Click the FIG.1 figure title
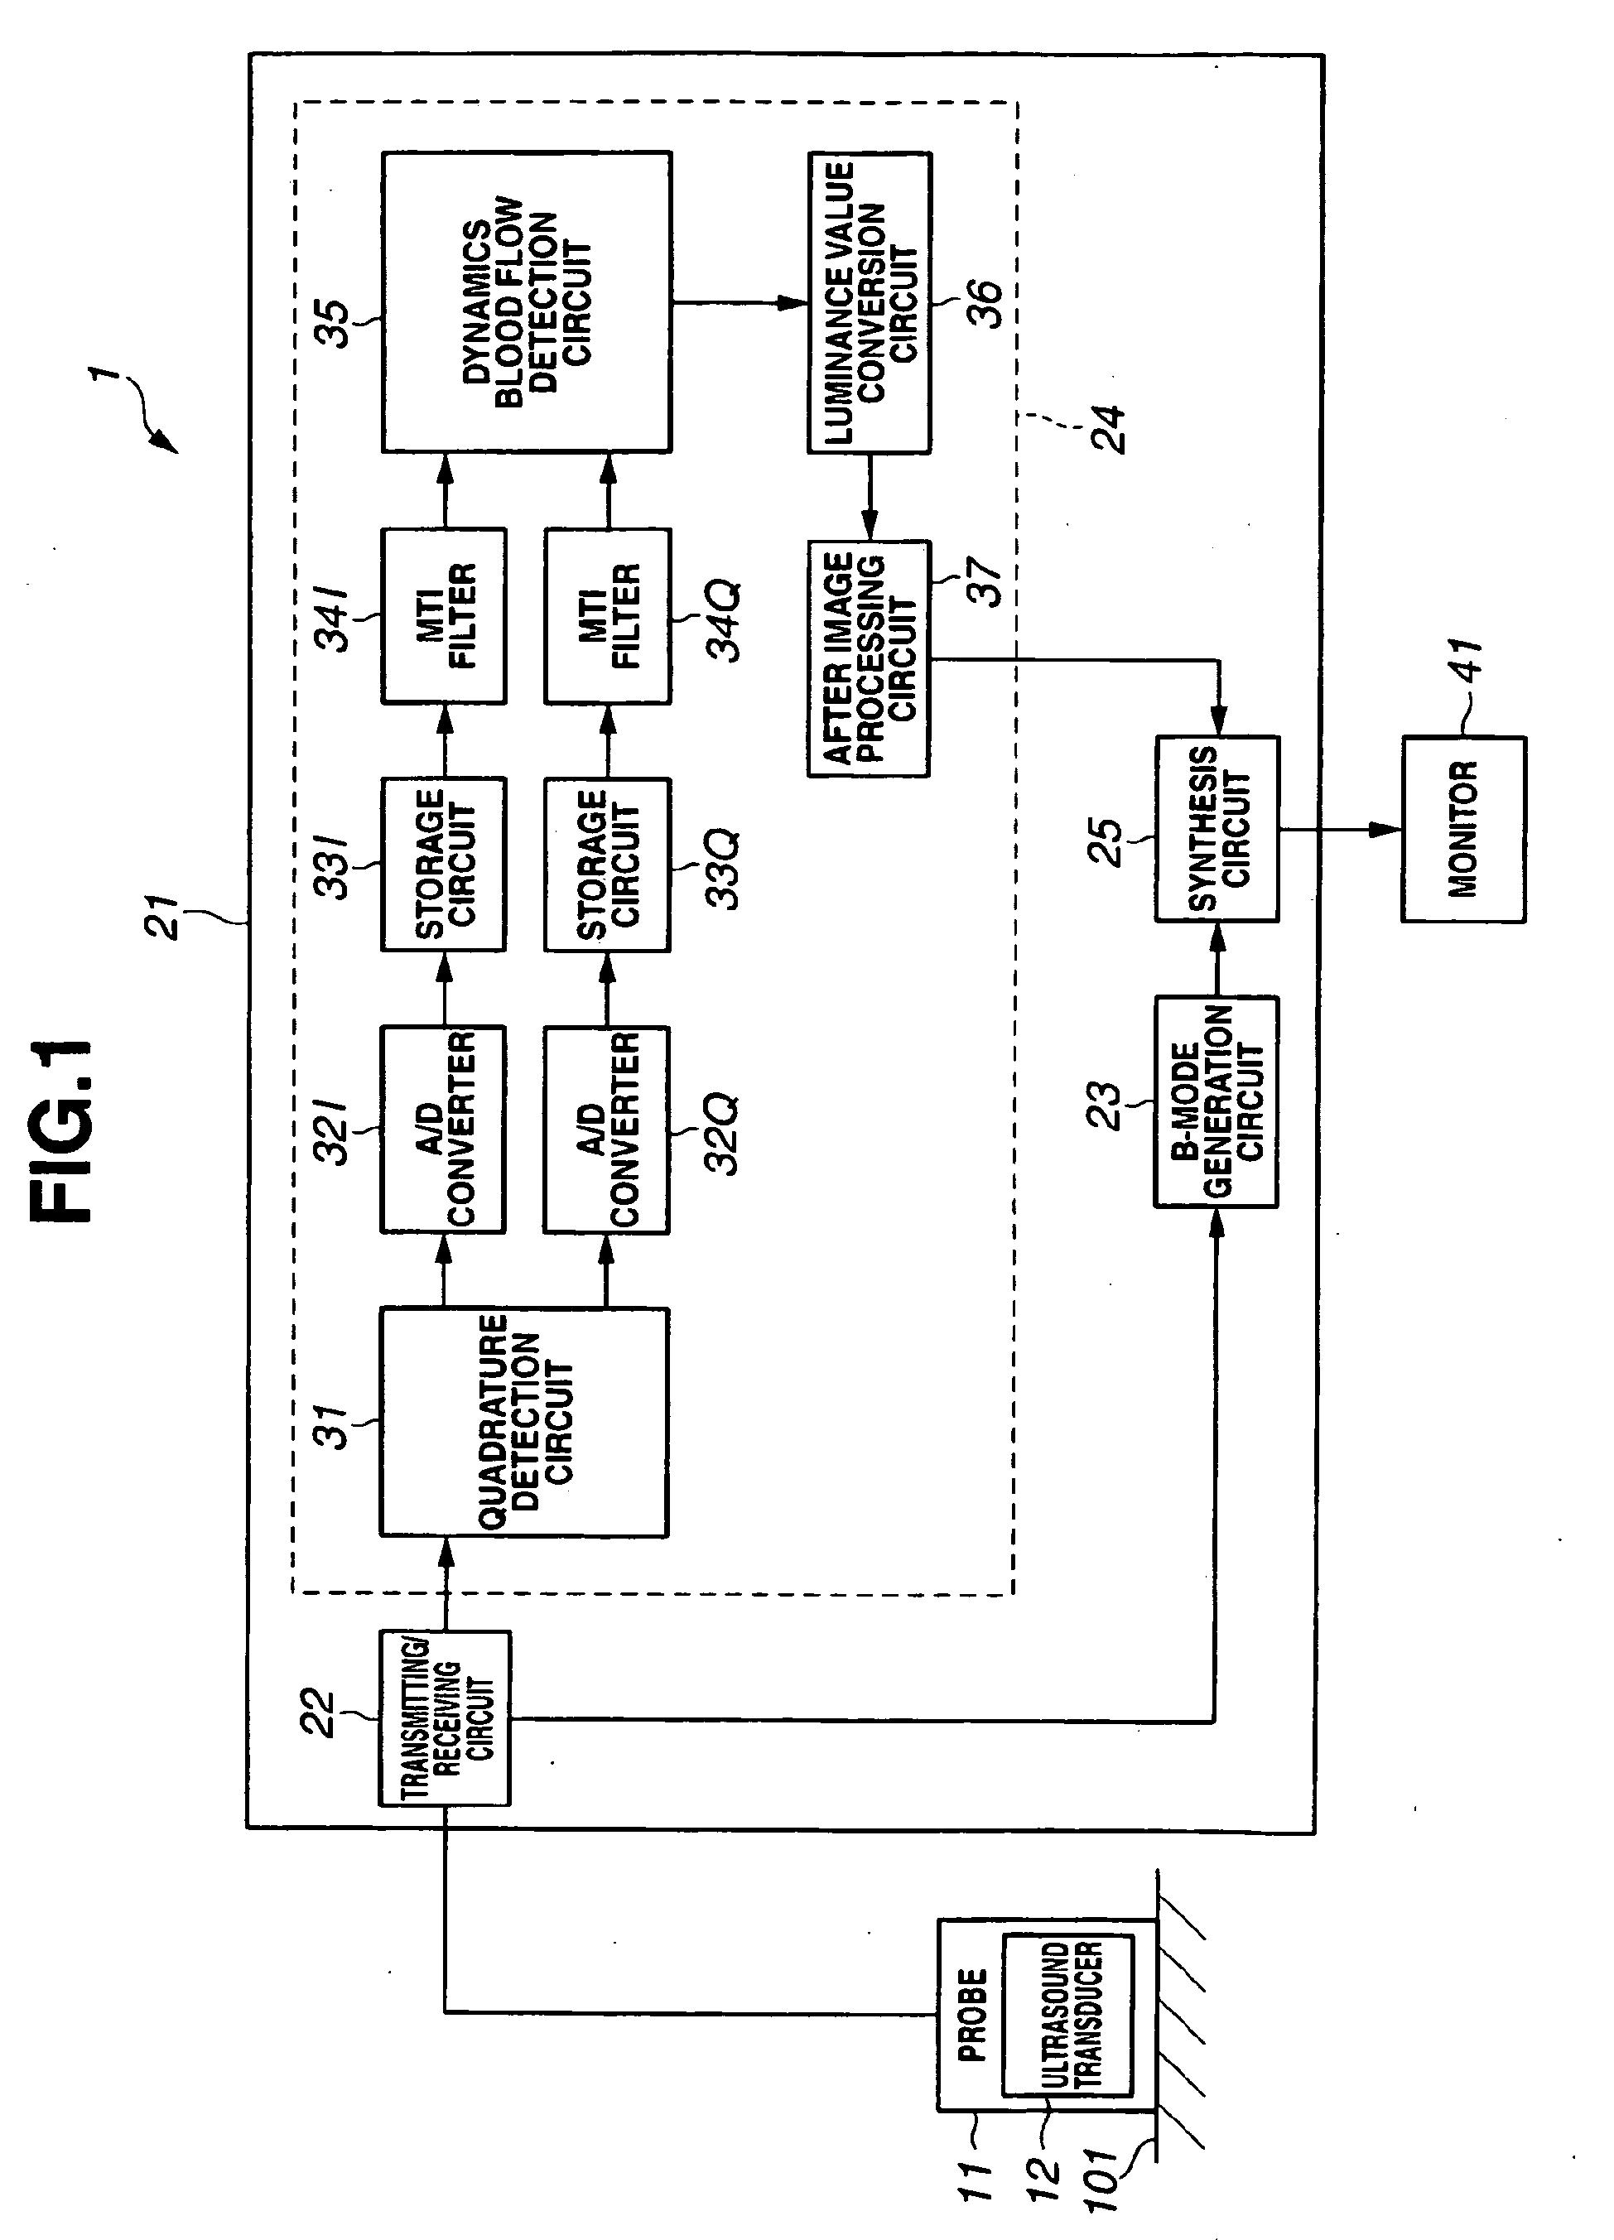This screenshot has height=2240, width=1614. point(61,1131)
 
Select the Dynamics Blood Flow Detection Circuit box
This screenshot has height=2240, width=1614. point(527,302)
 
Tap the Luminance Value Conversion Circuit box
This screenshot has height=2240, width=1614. point(870,302)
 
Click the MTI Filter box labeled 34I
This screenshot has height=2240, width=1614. point(444,616)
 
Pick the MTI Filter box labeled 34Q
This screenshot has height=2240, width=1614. point(608,616)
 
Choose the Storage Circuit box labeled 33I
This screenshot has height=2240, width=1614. point(444,865)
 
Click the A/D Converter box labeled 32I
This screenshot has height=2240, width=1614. point(444,1129)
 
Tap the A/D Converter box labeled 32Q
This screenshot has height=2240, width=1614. point(606,1130)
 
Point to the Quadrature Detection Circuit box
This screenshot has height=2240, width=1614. point(524,1422)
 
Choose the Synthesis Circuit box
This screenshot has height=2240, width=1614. point(1217,829)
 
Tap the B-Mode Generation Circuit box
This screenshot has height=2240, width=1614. point(1216,1101)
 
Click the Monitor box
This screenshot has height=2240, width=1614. point(1463,829)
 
